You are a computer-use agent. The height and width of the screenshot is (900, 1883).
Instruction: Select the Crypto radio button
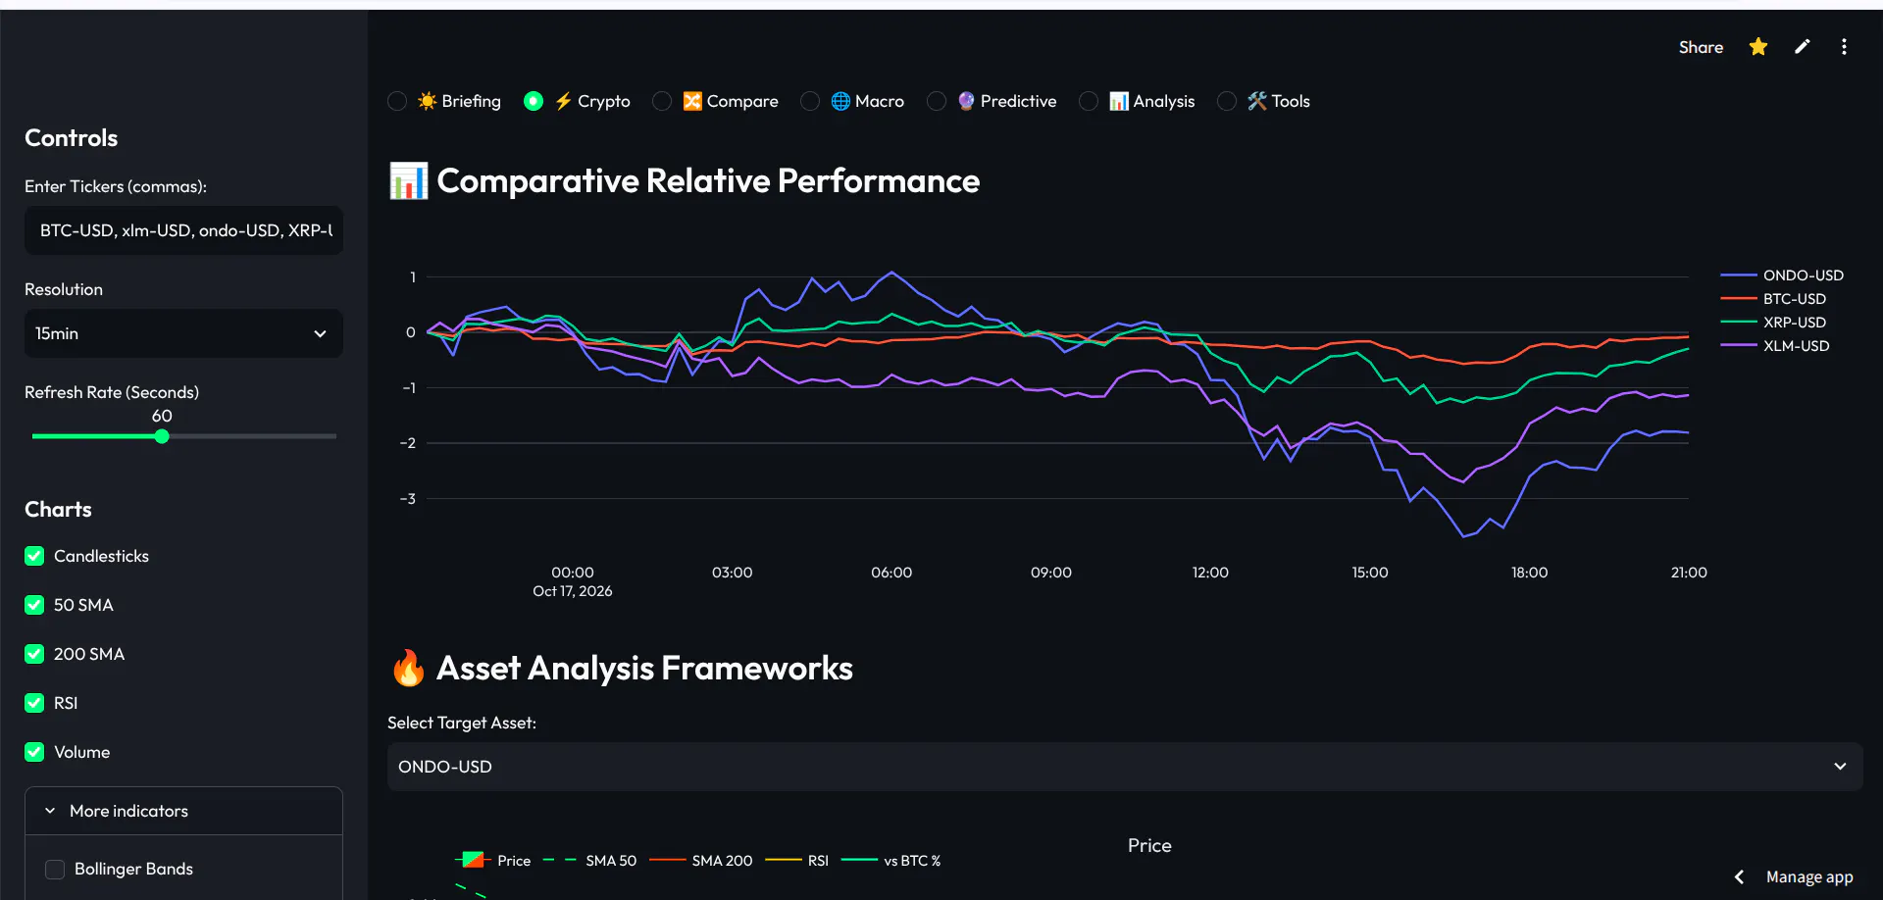coord(534,101)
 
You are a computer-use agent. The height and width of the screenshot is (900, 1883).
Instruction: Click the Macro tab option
coord(867,101)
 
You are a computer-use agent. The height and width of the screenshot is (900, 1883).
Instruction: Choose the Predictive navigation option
coord(1006,101)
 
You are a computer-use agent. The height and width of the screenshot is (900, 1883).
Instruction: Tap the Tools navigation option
coord(1278,101)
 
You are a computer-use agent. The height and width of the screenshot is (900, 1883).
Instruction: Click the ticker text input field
coord(184,230)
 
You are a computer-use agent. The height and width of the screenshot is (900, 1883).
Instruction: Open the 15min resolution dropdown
coord(184,333)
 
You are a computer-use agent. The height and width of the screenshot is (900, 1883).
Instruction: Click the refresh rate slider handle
coord(162,436)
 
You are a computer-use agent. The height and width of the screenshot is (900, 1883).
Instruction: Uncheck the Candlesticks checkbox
coord(34,556)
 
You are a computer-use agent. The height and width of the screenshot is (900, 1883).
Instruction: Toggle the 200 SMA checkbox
coord(34,654)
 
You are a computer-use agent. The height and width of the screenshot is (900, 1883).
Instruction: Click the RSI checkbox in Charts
coord(34,703)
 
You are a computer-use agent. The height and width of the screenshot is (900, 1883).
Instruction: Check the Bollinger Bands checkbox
coord(55,870)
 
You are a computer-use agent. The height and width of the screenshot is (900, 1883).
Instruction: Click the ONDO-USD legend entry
coord(1783,275)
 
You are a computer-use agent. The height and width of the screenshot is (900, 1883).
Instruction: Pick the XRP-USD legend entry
coord(1774,323)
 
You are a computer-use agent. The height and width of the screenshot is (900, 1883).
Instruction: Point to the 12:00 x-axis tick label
coord(1210,573)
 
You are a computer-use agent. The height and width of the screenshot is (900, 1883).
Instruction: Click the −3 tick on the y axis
coord(408,499)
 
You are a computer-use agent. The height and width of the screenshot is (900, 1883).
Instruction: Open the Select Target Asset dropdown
coord(1125,767)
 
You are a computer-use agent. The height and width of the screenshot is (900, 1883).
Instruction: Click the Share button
coord(1701,47)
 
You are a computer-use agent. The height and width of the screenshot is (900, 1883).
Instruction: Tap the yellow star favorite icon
coord(1758,47)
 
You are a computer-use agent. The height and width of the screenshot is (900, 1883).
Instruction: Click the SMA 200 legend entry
coord(701,861)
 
